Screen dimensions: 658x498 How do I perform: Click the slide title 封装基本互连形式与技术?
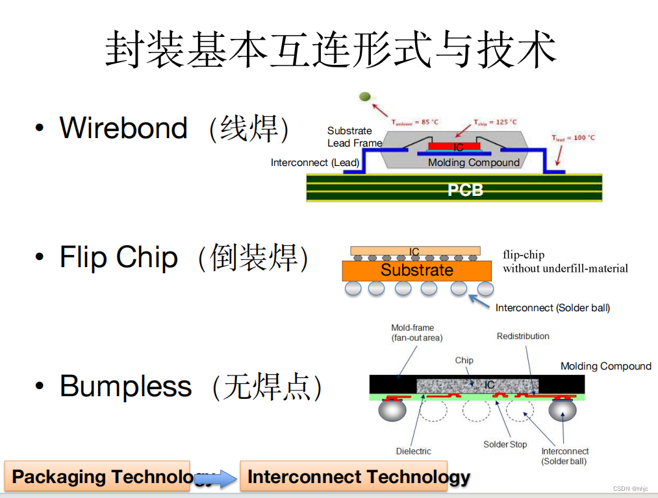[331, 49]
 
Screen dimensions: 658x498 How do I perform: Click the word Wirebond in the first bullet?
[123, 128]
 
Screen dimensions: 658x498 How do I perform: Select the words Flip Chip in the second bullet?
[118, 257]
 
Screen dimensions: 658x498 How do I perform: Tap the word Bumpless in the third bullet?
[125, 386]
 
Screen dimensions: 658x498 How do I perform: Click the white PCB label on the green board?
[465, 190]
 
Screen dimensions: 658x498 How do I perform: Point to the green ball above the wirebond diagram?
[364, 97]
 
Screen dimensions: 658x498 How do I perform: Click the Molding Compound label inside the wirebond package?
[474, 163]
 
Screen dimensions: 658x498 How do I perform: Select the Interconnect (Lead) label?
[314, 163]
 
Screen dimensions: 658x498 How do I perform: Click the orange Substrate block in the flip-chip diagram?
[416, 270]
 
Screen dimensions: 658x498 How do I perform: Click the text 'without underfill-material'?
[565, 268]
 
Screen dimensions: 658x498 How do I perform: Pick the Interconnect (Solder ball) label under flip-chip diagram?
[553, 308]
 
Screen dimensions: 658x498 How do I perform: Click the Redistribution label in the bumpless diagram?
[523, 336]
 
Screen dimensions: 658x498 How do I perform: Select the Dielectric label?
[413, 451]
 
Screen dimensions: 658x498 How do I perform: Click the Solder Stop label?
[505, 445]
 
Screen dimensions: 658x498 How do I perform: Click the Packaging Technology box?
[97, 477]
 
